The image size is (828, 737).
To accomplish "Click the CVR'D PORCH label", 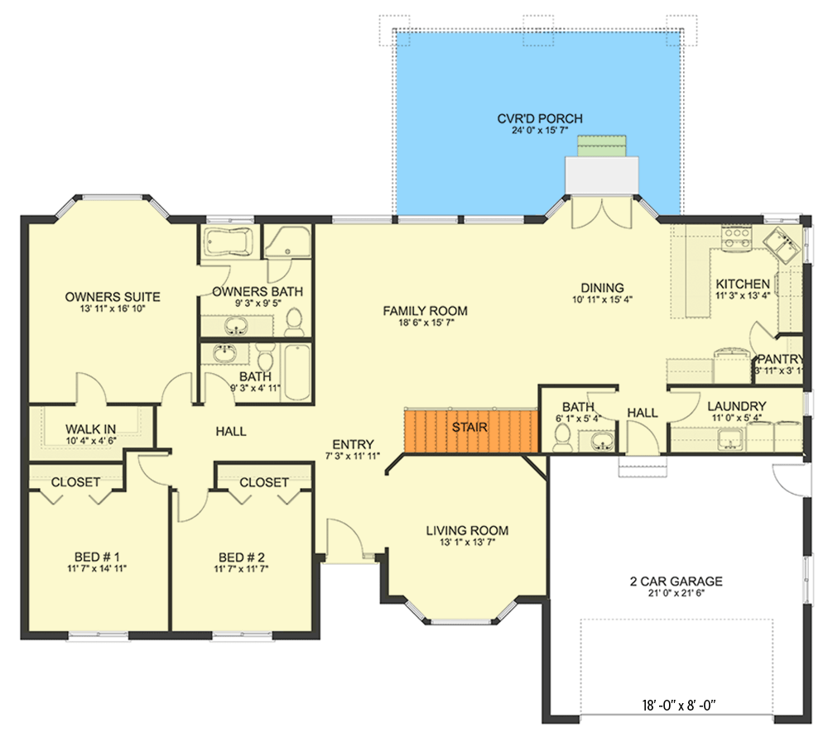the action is click(540, 119).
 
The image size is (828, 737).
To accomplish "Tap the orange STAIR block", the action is click(471, 430).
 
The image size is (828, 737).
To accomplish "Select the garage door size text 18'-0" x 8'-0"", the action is click(679, 705).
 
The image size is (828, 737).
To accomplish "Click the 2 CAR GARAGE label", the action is click(676, 581).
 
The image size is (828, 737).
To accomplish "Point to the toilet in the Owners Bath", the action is click(294, 322).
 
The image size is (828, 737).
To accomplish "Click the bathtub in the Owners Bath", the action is click(229, 242).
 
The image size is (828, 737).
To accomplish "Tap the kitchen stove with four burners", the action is click(737, 237).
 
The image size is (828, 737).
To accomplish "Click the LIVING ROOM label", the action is click(467, 530).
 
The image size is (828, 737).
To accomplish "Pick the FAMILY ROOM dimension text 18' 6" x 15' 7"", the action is click(426, 323).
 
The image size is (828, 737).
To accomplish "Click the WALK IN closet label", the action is click(90, 429).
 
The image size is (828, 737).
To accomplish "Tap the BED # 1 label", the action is click(97, 558).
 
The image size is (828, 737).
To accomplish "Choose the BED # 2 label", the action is click(241, 558).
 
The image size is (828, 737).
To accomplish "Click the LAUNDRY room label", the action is click(737, 406).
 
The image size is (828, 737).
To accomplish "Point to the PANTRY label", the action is click(780, 359).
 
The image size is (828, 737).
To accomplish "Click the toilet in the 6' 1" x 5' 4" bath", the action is click(563, 439).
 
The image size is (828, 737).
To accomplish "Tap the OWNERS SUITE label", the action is click(113, 297).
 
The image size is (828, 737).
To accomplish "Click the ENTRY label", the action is click(353, 444).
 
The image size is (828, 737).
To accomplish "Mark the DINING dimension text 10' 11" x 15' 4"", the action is click(603, 299).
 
